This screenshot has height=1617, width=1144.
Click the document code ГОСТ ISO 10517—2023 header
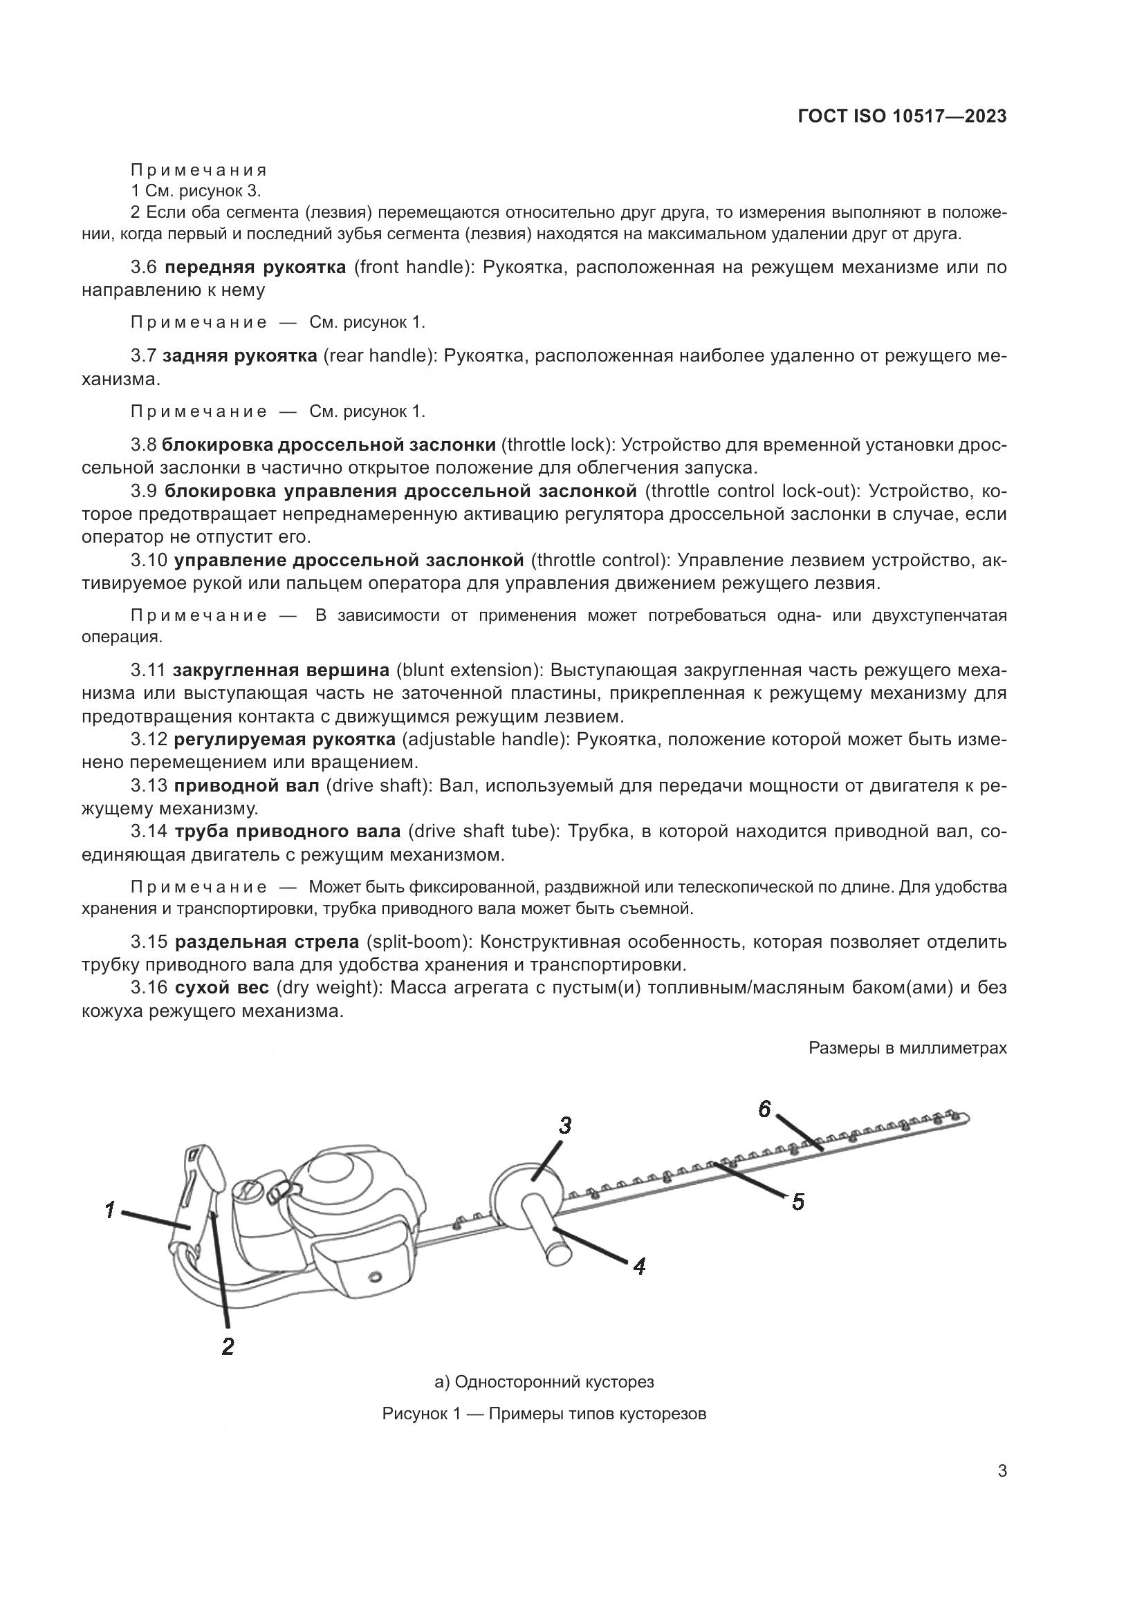click(902, 116)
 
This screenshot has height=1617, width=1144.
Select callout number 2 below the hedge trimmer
click(228, 1347)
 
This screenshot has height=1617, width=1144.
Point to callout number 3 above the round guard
click(564, 1126)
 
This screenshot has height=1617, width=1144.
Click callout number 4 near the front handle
click(639, 1267)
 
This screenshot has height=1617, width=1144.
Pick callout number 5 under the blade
click(797, 1202)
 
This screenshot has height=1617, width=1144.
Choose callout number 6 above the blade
click(765, 1109)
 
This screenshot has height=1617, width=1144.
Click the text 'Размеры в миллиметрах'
click(907, 1048)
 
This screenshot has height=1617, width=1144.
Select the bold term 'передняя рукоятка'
click(255, 267)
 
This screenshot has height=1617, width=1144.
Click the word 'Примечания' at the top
click(199, 170)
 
